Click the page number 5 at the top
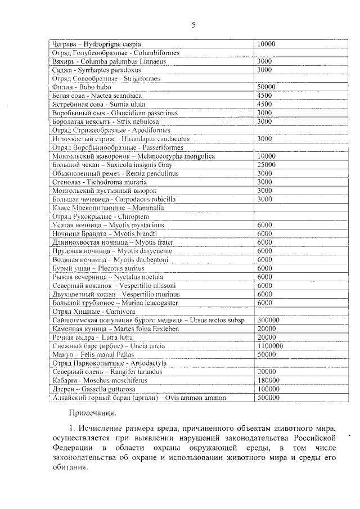pyautogui.click(x=193, y=25)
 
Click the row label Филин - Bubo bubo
pyautogui.click(x=82, y=87)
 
